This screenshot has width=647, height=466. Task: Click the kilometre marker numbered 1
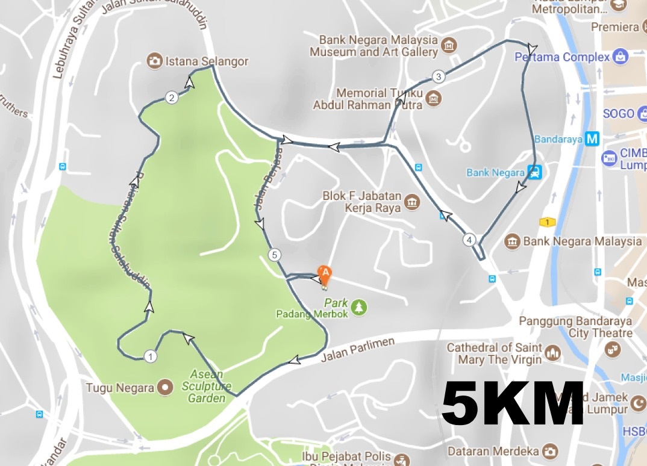151,356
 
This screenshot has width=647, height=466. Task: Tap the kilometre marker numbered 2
172,98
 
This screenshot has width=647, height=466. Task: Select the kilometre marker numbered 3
439,76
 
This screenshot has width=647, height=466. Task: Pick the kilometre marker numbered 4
469,240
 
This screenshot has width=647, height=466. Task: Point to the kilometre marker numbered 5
275,255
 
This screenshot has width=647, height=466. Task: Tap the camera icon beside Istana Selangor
155,61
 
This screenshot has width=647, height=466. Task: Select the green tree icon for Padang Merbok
360,307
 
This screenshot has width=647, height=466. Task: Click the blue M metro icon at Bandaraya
593,139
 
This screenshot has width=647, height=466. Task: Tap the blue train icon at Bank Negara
534,173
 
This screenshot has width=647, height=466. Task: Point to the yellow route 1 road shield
546,222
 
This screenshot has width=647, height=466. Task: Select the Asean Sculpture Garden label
207,385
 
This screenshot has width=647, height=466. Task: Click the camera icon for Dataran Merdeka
549,450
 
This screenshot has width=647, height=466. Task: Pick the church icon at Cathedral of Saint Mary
552,351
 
